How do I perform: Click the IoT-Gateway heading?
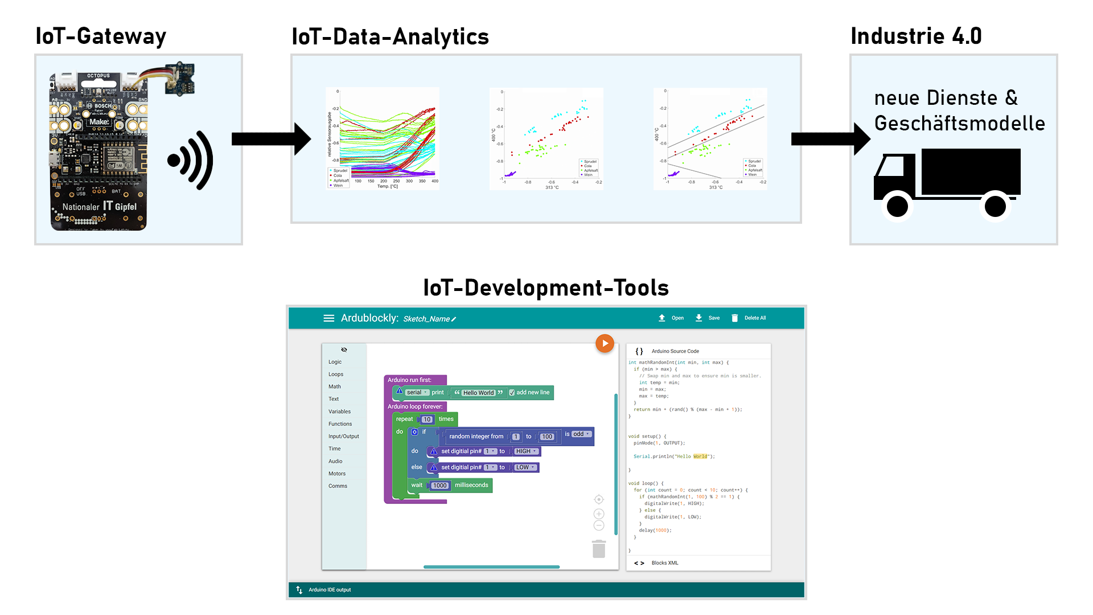pos(101,36)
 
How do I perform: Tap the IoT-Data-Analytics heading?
pos(390,37)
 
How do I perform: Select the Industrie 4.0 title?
pos(916,36)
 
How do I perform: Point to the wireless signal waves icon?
pos(191,161)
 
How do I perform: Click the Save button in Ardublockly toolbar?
pos(708,318)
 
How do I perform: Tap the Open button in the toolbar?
pos(671,318)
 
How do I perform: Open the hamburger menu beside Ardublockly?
pos(328,318)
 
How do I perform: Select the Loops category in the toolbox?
pos(336,375)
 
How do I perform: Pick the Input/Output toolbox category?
pos(343,437)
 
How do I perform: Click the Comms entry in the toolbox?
pos(338,486)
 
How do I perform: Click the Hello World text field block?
pos(478,393)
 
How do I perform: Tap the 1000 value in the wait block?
pos(439,486)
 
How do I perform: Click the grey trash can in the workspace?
pos(599,549)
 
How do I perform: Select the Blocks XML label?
pos(664,563)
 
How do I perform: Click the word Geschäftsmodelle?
pos(959,124)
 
